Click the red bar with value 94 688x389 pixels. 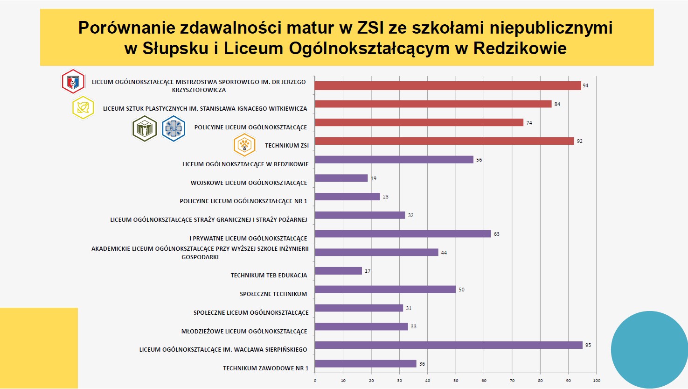448,85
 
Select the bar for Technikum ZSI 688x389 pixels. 444,141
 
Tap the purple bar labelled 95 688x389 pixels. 449,345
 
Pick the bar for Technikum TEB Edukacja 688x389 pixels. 339,271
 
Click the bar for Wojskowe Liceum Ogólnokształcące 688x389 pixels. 341,178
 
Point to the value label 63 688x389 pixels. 497,234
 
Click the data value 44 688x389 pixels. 444,253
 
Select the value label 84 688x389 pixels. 557,104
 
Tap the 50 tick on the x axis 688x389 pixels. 456,381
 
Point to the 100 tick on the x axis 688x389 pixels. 597,381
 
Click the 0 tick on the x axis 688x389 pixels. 315,381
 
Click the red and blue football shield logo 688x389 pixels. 73,82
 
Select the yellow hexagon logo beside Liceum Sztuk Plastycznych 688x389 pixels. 83,108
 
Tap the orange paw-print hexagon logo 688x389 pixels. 244,145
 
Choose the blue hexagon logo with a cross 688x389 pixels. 174,128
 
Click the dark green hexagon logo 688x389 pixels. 145,128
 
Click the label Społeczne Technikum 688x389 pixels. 273,294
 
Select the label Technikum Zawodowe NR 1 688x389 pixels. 266,368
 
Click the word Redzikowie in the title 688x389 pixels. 520,48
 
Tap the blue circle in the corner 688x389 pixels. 650,349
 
